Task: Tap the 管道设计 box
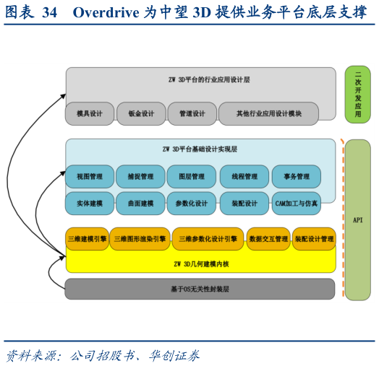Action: pos(192,113)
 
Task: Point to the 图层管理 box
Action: pos(191,176)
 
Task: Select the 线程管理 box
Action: pos(244,176)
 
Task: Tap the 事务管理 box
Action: pos(296,176)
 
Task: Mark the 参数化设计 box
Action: pos(191,204)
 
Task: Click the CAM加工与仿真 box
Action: pos(296,204)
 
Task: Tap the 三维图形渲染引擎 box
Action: pos(140,239)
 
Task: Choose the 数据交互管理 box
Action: pos(268,239)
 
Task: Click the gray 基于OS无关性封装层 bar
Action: pos(200,289)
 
